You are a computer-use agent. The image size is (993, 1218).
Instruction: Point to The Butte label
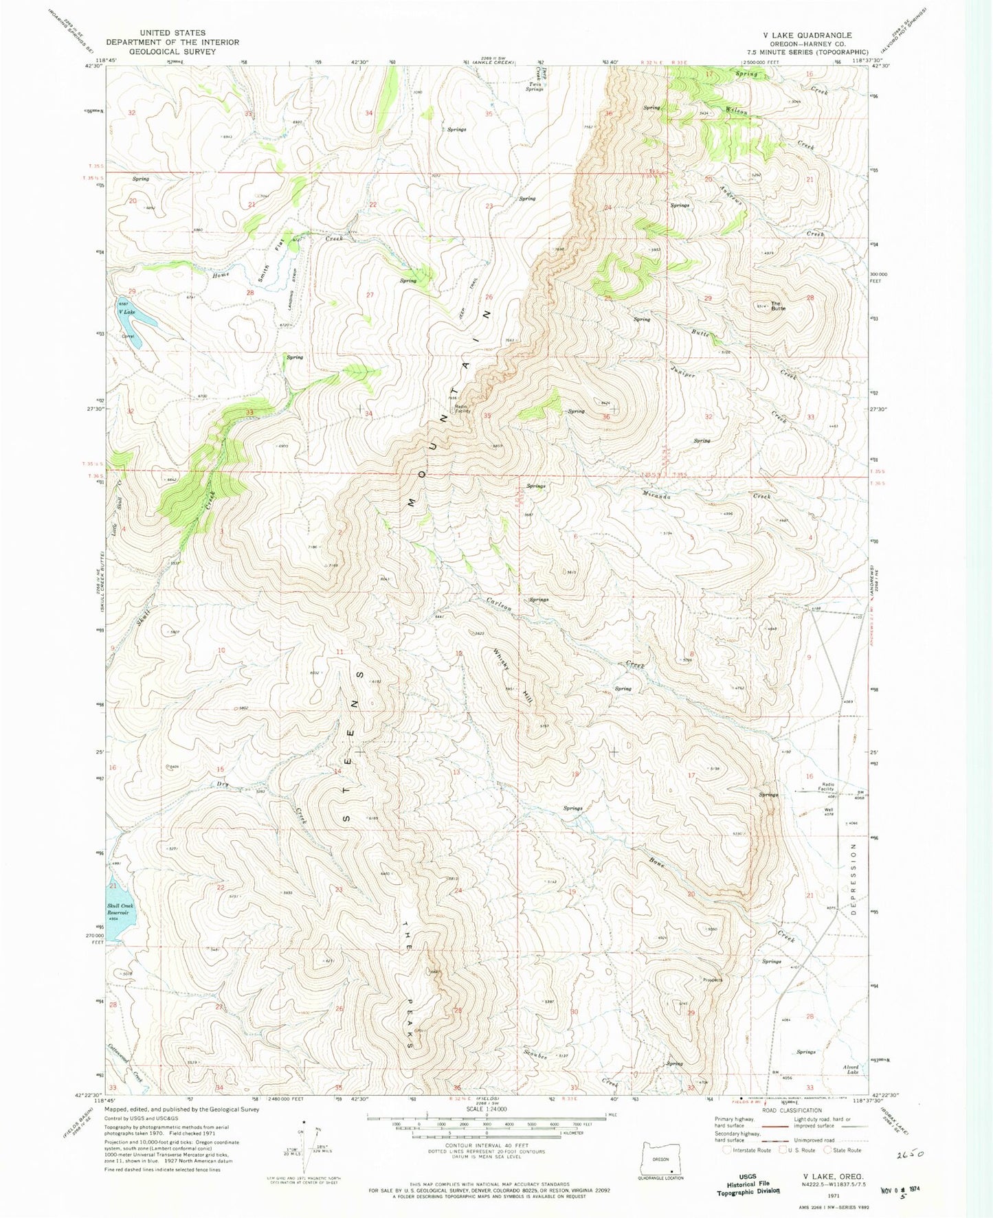point(777,306)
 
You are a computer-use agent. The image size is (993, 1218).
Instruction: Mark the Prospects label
point(712,980)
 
